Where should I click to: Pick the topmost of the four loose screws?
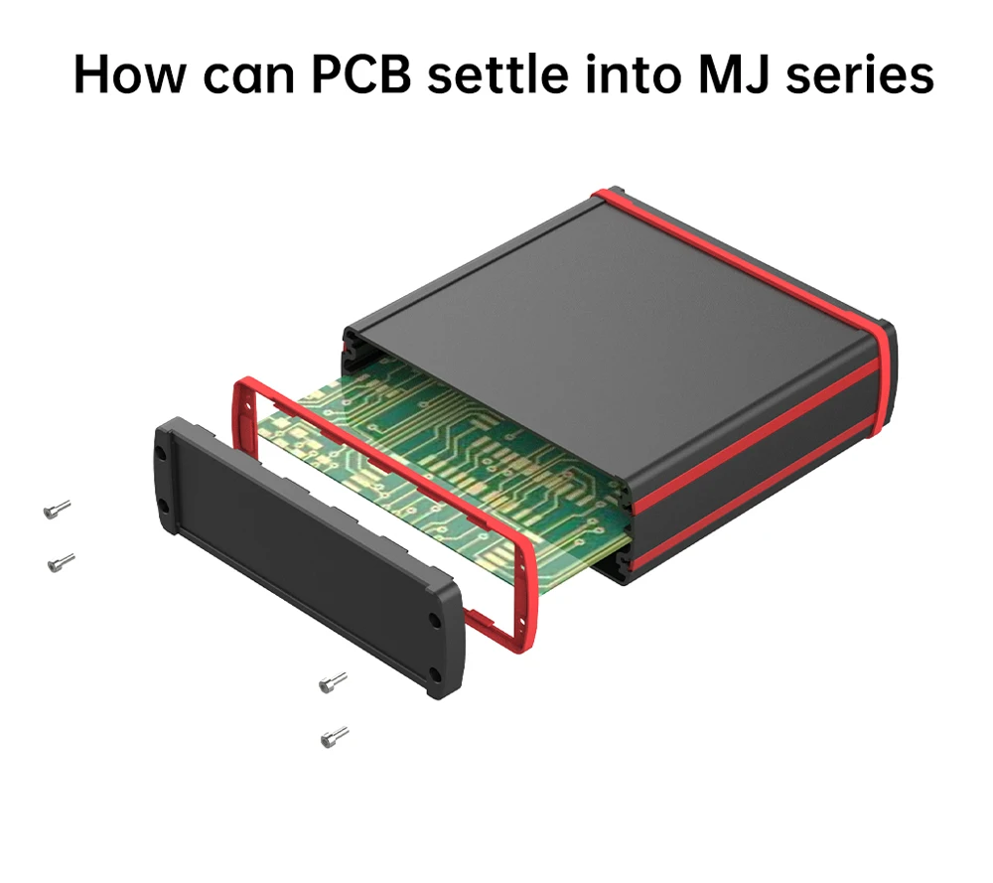57,510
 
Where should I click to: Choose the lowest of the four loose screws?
335,737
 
